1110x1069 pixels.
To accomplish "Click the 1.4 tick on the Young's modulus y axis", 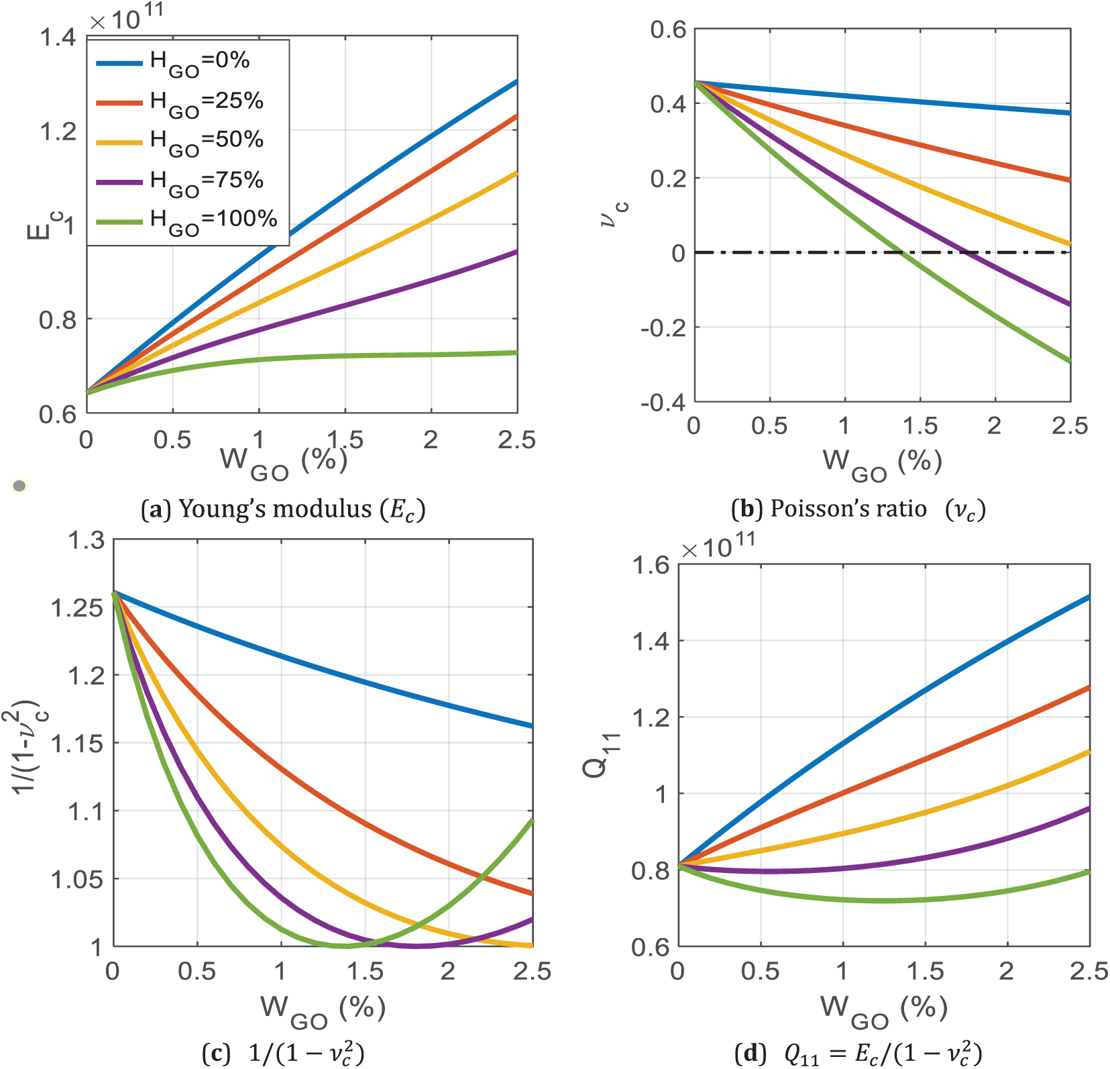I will tap(58, 37).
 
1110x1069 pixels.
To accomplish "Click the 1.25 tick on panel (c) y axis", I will tap(78, 608).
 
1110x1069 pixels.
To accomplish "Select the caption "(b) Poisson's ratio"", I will tap(858, 510).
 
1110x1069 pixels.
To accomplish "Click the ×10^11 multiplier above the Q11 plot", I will tap(718, 545).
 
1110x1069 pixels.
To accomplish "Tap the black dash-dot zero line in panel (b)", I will tap(771, 252).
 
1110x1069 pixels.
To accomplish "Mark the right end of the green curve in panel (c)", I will tap(532, 820).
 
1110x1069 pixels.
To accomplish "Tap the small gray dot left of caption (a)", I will tap(19, 485).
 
